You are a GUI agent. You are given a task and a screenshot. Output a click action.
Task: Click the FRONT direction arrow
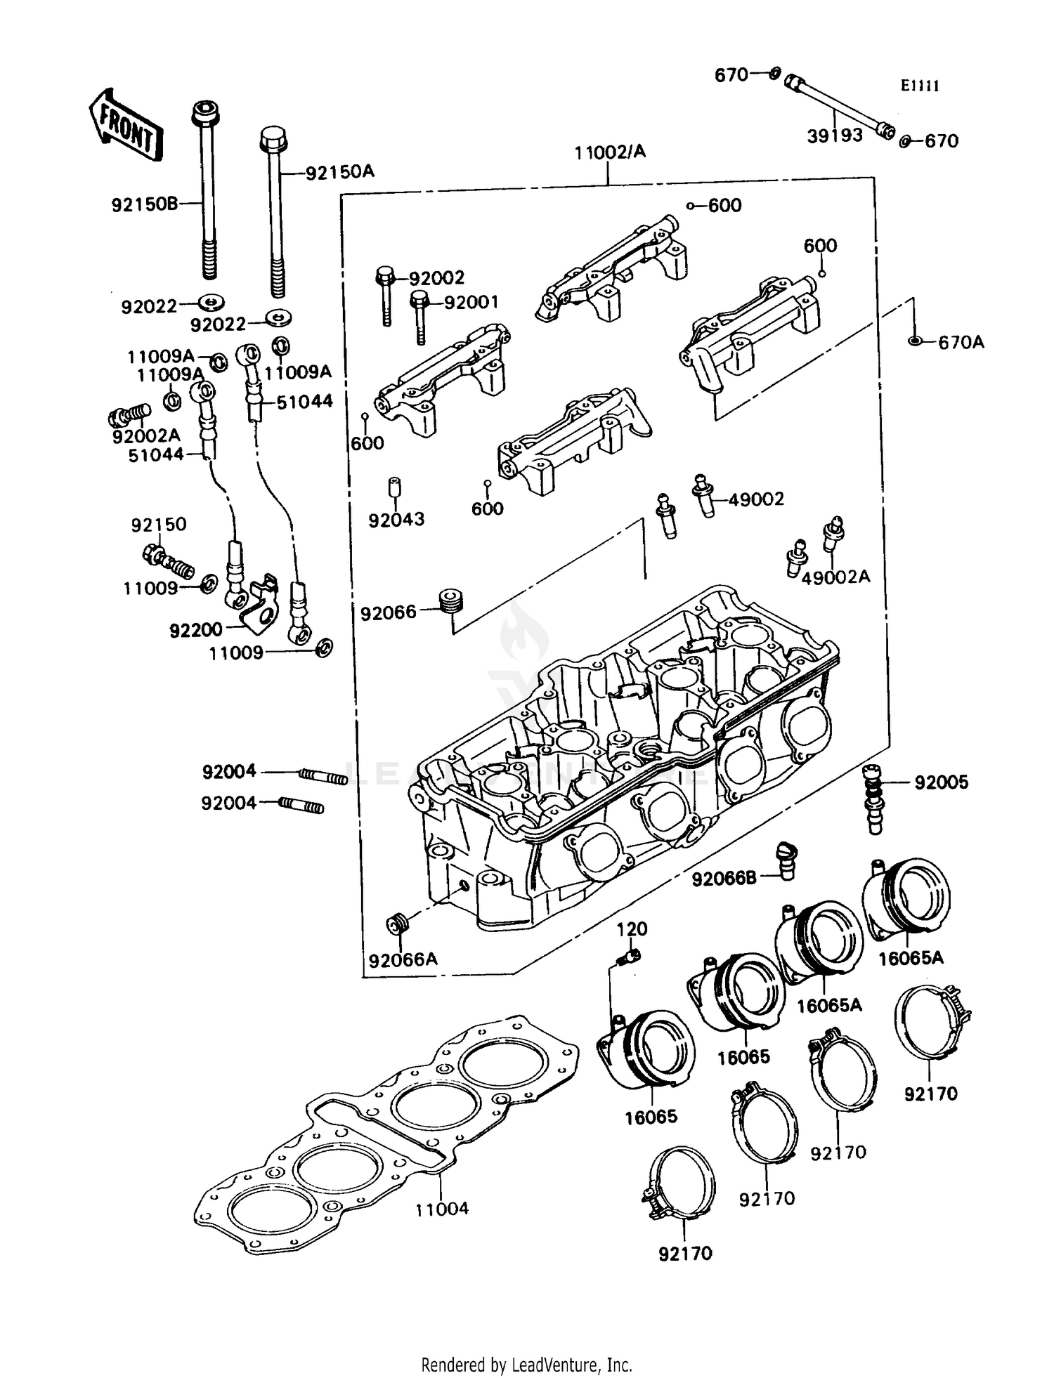(126, 124)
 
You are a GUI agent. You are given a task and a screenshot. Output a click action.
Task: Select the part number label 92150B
(145, 204)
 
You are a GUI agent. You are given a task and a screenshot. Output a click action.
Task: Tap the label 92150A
(340, 172)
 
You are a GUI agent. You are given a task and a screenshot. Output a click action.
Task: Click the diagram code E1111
(920, 86)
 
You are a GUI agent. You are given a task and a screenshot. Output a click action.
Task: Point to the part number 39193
(834, 136)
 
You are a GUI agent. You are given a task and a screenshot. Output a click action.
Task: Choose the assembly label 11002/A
(610, 152)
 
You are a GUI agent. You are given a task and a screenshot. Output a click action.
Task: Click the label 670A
(961, 342)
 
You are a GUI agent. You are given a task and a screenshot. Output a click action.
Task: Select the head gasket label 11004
(441, 1209)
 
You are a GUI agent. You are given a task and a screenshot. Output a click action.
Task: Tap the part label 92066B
(724, 879)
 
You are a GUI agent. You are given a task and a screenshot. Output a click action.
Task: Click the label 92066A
(403, 959)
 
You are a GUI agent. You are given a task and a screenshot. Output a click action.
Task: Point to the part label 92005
(941, 782)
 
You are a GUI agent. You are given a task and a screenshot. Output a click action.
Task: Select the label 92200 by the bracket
(196, 630)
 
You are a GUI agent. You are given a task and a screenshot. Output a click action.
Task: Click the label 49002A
(835, 577)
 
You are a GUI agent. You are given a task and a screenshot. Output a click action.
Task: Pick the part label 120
(632, 929)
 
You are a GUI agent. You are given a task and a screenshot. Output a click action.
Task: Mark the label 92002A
(146, 435)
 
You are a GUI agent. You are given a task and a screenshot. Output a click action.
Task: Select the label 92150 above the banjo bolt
(159, 525)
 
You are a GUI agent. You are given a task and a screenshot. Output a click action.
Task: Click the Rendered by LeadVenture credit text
(526, 1365)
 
